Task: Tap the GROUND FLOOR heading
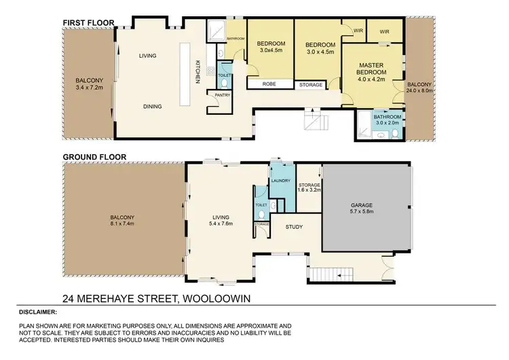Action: click(x=94, y=156)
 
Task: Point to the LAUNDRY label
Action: click(x=280, y=181)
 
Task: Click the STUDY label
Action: click(x=293, y=228)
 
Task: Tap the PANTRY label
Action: click(x=223, y=95)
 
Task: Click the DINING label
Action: click(x=152, y=106)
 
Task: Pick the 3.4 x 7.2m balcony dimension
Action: click(x=89, y=88)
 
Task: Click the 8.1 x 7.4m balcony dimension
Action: click(x=123, y=223)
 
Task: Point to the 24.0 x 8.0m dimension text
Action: click(x=420, y=90)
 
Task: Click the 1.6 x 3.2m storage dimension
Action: click(x=309, y=190)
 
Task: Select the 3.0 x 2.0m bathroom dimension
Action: click(x=388, y=123)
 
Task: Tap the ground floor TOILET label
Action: click(x=261, y=204)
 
